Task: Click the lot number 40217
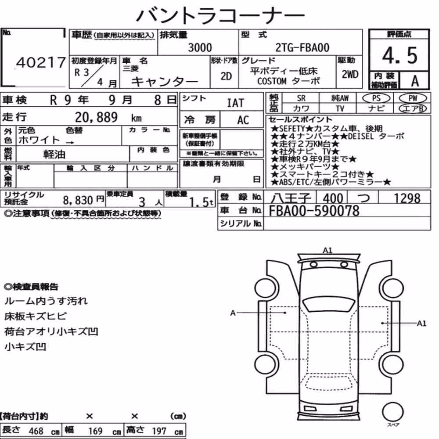[41, 62]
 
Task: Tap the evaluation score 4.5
[400, 55]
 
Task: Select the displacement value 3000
[200, 47]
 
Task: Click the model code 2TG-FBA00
[302, 47]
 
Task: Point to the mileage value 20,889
[96, 117]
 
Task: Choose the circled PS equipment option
[376, 98]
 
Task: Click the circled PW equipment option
[413, 98]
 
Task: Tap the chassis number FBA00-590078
[314, 211]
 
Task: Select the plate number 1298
[407, 198]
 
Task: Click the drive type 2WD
[350, 75]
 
